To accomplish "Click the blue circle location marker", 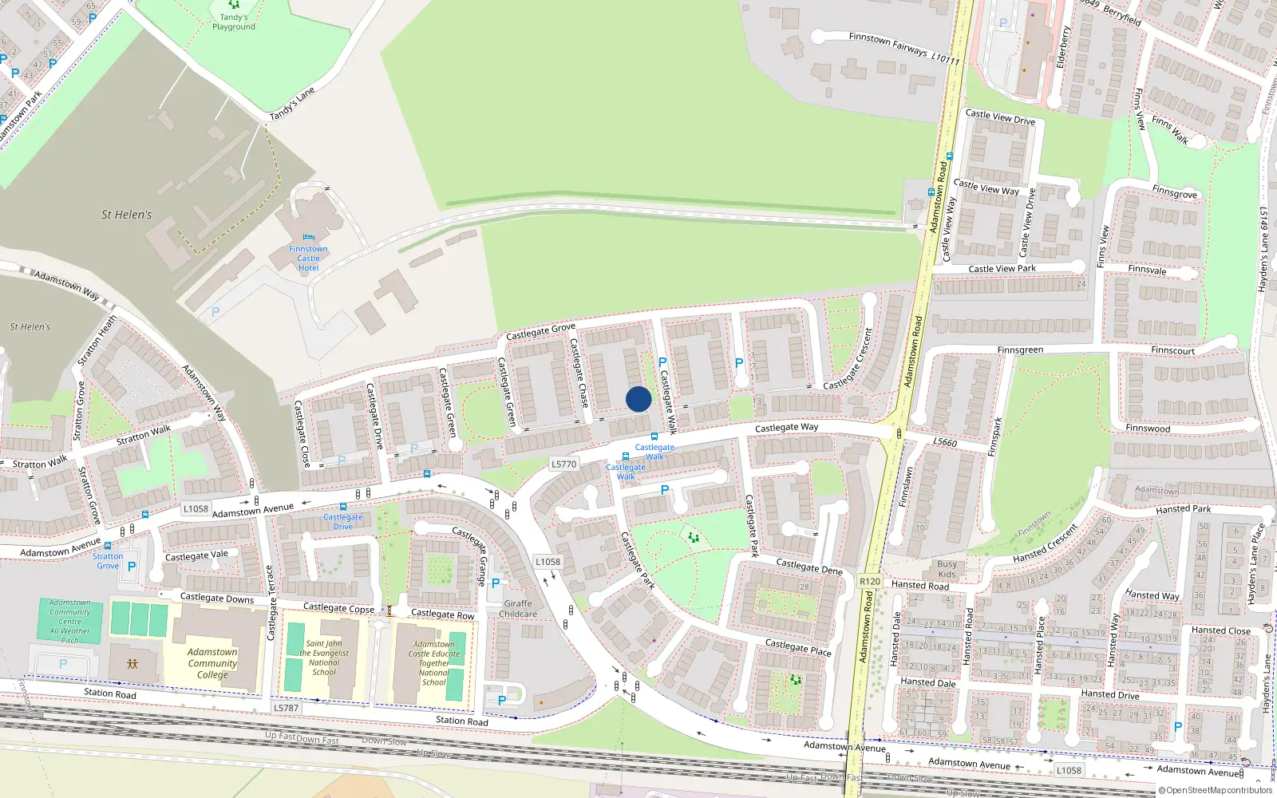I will pos(638,399).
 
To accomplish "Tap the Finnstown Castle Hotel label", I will pos(308,258).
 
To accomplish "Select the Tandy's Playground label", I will pos(234,22).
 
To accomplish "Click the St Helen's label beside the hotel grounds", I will pos(126,215).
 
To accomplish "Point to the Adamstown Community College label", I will pos(212,663).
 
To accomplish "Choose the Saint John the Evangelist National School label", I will pos(324,658).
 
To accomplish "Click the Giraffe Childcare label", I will pos(518,609).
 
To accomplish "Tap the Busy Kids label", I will pos(947,569).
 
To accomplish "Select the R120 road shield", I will pos(870,582).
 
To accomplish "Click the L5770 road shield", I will pos(563,464).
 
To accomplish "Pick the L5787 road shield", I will pos(286,708).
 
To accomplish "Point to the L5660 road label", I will pos(945,442).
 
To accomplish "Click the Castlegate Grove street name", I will pos(540,331).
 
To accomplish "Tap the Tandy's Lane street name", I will pos(292,104).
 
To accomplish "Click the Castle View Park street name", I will pos(1002,269).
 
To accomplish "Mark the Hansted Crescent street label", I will pos(1046,544).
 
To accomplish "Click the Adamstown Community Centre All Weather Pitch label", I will pos(70,622).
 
